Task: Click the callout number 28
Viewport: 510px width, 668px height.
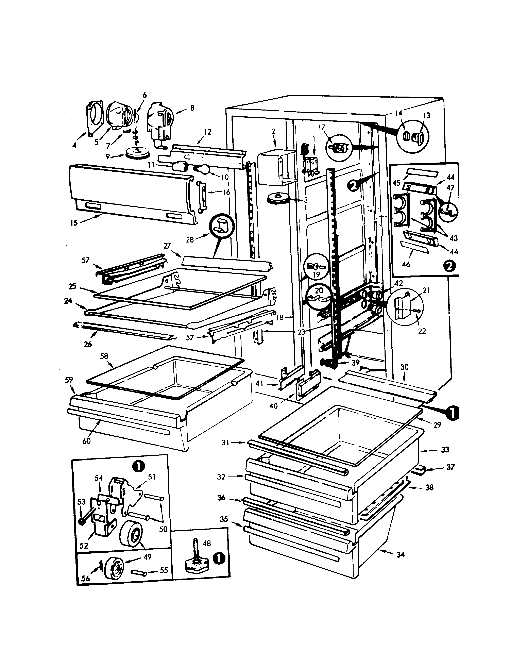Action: coord(190,240)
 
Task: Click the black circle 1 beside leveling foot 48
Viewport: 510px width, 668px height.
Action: coord(219,558)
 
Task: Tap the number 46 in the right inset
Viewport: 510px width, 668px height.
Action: coord(406,264)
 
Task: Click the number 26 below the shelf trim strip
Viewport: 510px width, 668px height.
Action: coord(88,344)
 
